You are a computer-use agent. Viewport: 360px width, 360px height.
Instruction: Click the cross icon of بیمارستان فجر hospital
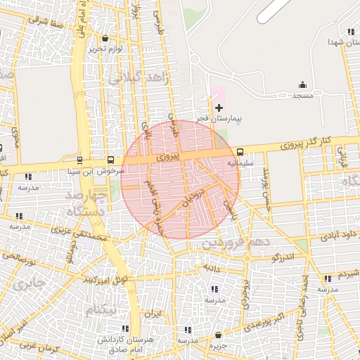[x=219, y=108]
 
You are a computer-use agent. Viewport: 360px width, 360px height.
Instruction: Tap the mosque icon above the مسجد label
[x=303, y=84]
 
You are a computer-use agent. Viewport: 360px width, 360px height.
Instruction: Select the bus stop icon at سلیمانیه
[x=240, y=151]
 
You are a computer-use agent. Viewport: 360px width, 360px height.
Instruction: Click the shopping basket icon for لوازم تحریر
[x=105, y=39]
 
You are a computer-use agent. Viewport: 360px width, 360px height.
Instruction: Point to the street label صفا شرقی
[x=46, y=21]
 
